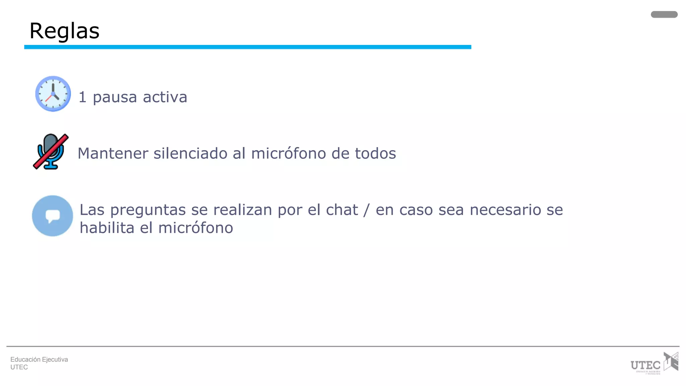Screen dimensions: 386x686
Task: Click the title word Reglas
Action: [64, 31]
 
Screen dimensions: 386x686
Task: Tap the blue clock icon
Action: [53, 94]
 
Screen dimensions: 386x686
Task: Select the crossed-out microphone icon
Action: [51, 152]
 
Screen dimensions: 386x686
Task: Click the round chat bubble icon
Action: [53, 216]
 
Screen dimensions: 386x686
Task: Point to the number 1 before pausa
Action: [82, 97]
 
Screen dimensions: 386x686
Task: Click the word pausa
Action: [115, 98]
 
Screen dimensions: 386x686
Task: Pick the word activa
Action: [165, 97]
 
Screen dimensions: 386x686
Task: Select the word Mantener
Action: [113, 153]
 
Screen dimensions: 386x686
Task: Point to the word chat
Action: [342, 210]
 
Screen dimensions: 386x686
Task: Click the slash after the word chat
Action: [367, 210]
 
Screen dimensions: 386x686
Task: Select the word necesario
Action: [505, 210]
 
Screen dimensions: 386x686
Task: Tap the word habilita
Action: [107, 228]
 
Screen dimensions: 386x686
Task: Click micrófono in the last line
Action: [195, 228]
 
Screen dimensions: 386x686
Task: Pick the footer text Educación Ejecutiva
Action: [39, 360]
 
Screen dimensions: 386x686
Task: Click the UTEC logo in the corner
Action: [654, 363]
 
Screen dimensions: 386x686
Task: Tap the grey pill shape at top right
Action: [664, 14]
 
